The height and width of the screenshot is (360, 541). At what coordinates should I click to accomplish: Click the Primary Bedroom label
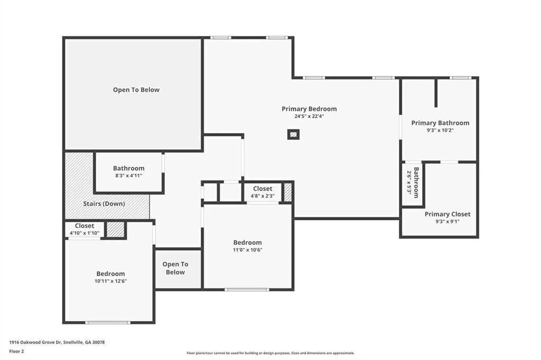(309, 109)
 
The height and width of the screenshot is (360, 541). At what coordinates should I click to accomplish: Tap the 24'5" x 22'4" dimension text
(309, 117)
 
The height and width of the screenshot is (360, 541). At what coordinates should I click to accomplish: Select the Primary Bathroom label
(440, 123)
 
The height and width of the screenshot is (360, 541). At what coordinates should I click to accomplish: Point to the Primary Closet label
(447, 214)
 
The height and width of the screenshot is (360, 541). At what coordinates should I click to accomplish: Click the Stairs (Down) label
(104, 204)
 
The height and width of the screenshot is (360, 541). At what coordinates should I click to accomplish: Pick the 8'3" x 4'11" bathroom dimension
(129, 176)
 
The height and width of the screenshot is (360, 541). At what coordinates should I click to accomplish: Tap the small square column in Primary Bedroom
(293, 135)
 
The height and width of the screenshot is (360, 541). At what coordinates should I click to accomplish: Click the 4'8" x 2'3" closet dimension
(263, 196)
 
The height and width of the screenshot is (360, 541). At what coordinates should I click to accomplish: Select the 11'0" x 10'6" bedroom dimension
(247, 250)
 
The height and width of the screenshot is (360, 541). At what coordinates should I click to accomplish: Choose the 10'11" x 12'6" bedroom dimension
(111, 281)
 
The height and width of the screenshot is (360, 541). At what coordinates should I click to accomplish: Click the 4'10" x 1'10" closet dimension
(85, 233)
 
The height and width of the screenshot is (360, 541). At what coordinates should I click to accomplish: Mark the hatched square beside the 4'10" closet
(115, 230)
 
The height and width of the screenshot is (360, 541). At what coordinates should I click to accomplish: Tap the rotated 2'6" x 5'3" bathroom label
(413, 183)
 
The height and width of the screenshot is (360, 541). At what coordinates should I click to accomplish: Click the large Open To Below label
(136, 90)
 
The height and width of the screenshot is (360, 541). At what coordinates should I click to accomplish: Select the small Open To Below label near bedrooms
(175, 268)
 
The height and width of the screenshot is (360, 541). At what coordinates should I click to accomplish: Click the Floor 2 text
(16, 352)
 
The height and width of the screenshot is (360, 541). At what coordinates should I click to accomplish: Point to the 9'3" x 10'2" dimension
(440, 131)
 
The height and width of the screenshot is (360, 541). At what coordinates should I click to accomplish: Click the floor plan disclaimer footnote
(270, 353)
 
